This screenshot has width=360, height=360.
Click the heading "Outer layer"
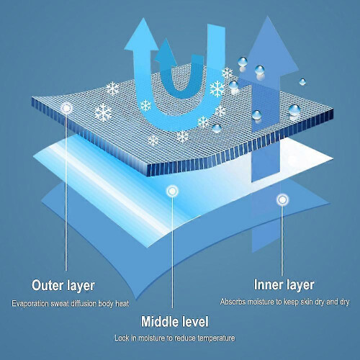tap(63, 286)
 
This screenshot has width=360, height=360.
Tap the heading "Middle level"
tap(175, 321)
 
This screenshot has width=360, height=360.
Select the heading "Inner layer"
tap(284, 285)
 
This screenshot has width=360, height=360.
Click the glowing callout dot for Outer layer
tap(66, 108)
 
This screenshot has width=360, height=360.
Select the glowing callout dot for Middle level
tap(172, 191)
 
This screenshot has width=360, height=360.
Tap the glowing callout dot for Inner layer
tap(282, 199)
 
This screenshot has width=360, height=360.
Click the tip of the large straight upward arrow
tap(267, 17)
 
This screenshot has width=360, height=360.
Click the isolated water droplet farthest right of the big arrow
tap(302, 82)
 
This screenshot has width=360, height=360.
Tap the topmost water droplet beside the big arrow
tap(243, 62)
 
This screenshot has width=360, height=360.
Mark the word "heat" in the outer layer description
tap(122, 304)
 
